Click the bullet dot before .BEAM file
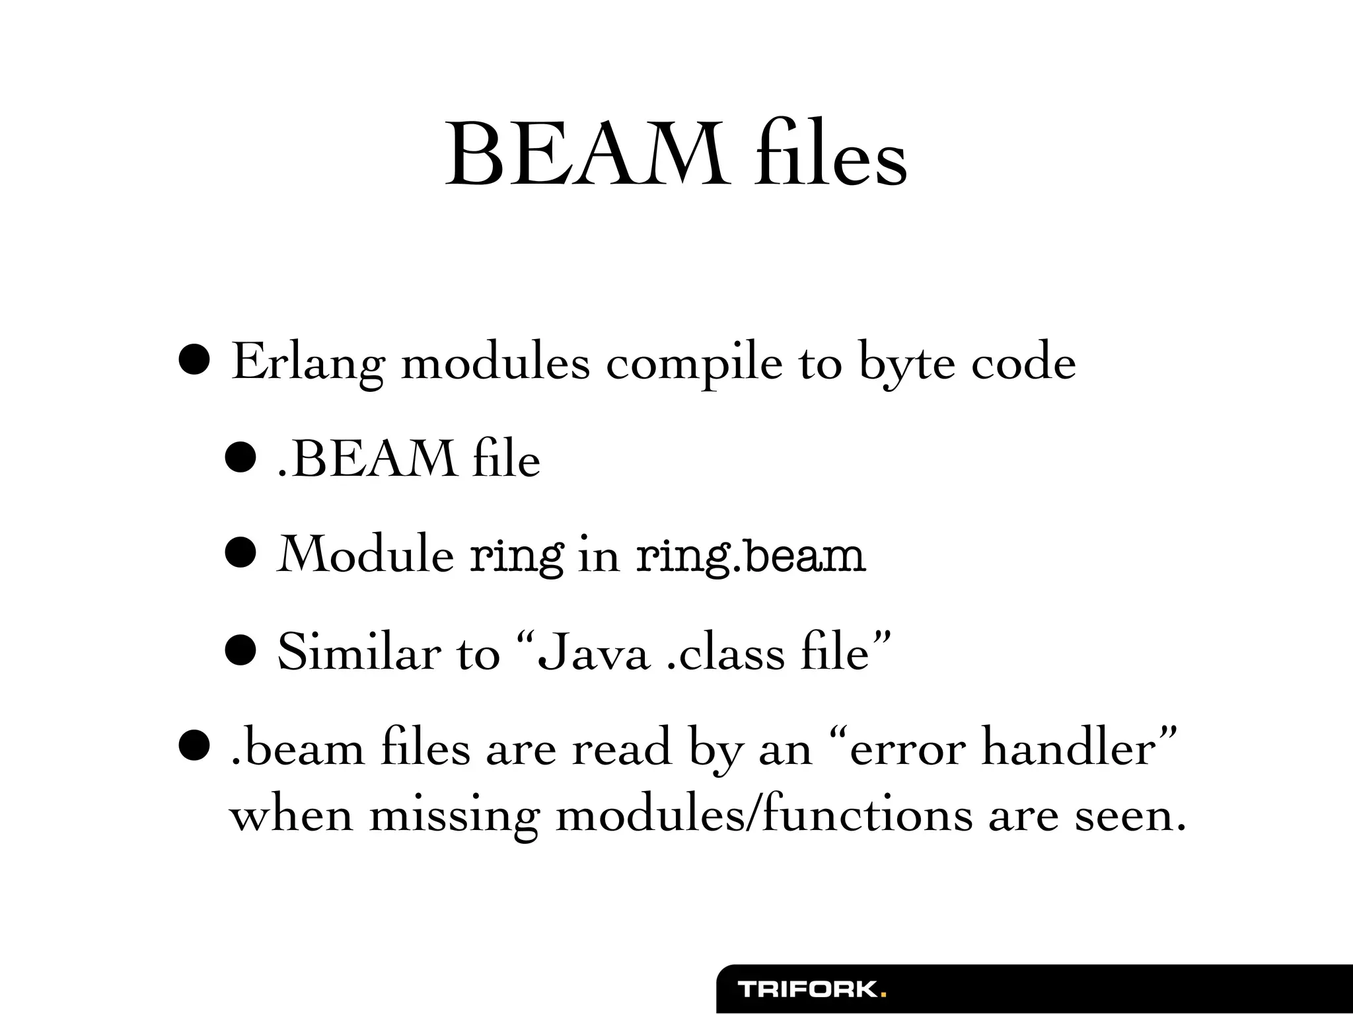240,459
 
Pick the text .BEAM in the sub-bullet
367,459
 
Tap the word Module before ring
365,555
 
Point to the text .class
727,652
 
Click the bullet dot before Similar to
240,651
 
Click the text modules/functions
764,815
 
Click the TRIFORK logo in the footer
812,990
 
